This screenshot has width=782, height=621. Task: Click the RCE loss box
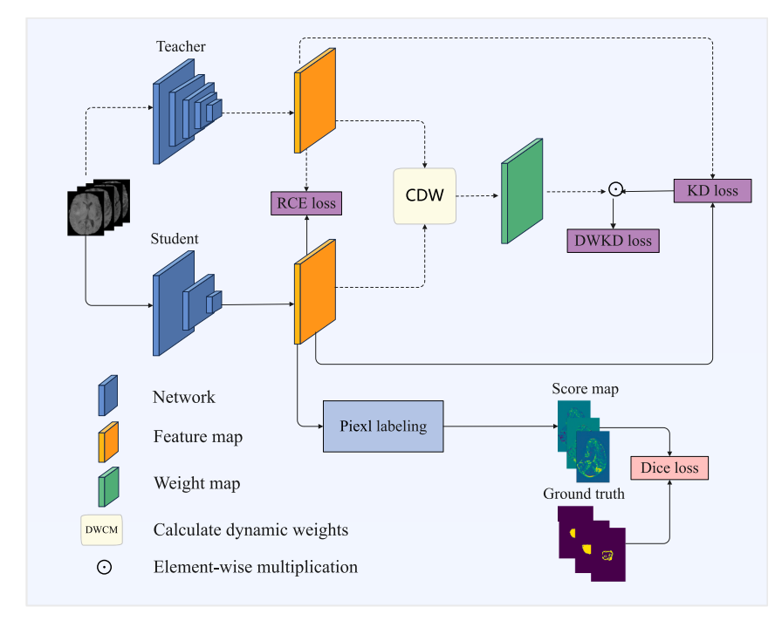click(305, 204)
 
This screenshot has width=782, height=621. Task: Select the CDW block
click(425, 195)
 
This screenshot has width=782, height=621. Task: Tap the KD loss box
click(712, 191)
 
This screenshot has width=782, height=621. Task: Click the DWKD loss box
click(613, 240)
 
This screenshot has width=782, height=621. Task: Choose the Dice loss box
click(669, 467)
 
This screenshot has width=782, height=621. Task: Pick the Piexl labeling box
click(383, 427)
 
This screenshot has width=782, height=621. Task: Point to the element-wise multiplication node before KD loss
click(615, 188)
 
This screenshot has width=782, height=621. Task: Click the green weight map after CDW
click(522, 191)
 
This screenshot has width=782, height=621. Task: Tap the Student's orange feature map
click(315, 291)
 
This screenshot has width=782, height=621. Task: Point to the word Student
click(175, 238)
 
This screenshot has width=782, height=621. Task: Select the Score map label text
click(585, 389)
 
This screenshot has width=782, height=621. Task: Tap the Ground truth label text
click(584, 494)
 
